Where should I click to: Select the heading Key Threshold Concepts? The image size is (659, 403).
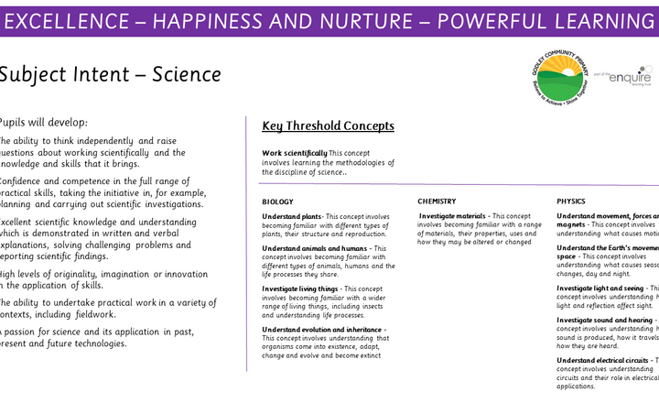tap(328, 126)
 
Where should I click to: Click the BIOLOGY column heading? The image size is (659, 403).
tap(278, 201)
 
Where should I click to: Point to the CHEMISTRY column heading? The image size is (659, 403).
tap(437, 201)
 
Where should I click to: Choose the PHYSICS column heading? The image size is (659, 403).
tap(572, 201)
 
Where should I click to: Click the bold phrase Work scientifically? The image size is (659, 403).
tap(294, 153)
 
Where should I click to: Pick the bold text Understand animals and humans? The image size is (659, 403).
tap(310, 247)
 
